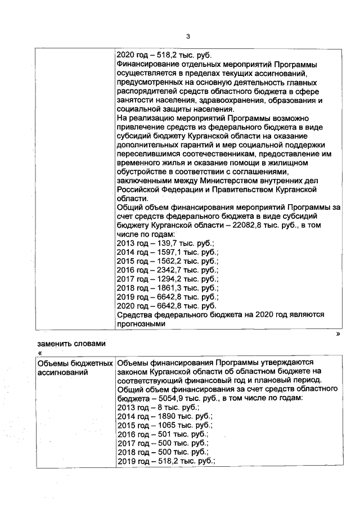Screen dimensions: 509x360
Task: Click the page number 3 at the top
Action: click(188, 37)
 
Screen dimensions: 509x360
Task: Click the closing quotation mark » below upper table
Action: click(337, 333)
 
